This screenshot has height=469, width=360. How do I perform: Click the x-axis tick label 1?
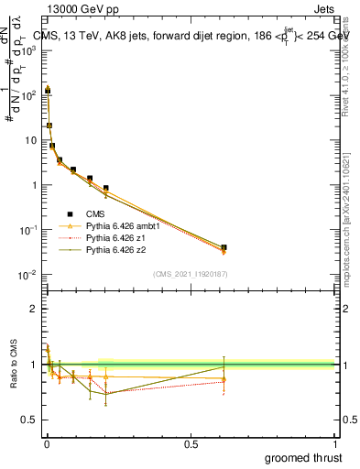(x=333, y=444)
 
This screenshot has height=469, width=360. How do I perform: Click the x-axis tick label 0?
(x=46, y=444)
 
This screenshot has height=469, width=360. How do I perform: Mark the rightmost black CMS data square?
(x=224, y=247)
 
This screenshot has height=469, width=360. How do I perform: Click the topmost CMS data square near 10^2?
(x=48, y=91)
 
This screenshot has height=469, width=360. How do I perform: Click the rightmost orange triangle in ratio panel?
(x=224, y=378)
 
